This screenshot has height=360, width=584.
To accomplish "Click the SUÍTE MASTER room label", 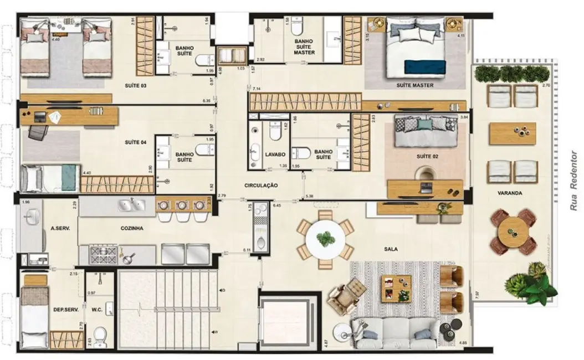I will tap(414, 86).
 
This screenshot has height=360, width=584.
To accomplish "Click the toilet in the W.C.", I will tap(100, 334).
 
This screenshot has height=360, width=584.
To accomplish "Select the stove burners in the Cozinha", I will tap(103, 254).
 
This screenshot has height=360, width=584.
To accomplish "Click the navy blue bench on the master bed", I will tap(424, 66).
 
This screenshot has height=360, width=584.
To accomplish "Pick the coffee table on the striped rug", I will tap(396, 287).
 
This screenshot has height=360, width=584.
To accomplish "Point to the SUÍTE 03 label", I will tap(136, 86).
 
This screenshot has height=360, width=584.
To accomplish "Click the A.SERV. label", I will tap(59, 228).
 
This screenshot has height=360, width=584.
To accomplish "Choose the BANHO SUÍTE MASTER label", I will tap(304, 47).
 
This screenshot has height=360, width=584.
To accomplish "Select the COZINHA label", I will tap(132, 228).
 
